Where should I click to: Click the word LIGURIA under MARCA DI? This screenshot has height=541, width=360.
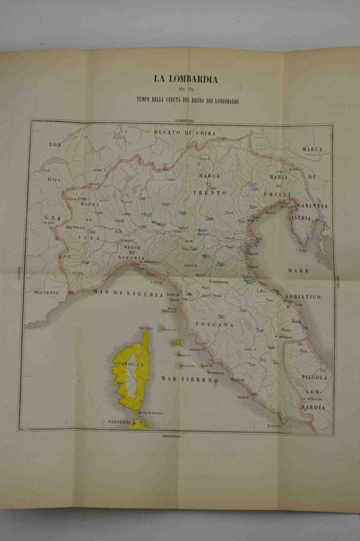click(132, 257)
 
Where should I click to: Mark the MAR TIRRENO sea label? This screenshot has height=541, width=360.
click(190, 380)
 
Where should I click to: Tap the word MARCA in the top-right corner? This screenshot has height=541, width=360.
click(312, 150)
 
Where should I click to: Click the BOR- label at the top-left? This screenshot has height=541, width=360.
click(56, 144)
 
